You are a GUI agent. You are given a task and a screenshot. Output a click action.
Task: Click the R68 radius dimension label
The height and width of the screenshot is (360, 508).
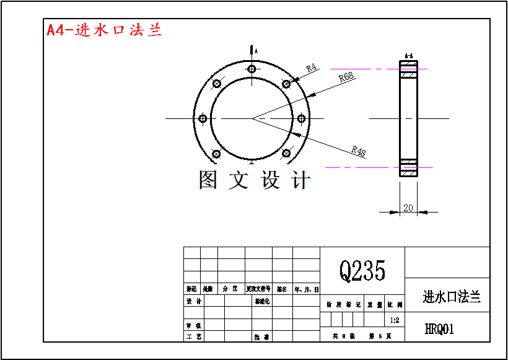click(346, 77)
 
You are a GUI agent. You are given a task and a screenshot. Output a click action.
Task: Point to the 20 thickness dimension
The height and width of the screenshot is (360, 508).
click(408, 208)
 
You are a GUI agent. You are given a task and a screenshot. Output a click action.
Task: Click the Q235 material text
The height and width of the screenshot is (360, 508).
click(362, 270)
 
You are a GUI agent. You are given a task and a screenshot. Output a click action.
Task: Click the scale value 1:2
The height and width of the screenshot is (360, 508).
click(395, 320)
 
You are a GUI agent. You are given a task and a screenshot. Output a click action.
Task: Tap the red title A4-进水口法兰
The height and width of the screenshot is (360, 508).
click(104, 30)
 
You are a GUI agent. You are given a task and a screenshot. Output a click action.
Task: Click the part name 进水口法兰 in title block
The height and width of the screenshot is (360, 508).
click(452, 297)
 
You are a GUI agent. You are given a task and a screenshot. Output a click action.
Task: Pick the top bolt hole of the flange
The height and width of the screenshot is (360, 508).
click(251, 69)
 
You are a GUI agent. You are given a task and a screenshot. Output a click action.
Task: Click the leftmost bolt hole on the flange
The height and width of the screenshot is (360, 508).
click(203, 118)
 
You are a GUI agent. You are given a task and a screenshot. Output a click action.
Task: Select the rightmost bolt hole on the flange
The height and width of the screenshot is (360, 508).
click(301, 118)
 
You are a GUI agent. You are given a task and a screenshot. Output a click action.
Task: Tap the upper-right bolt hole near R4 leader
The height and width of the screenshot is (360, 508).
click(286, 84)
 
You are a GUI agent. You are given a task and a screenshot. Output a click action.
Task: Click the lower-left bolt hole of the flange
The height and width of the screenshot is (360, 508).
click(216, 154)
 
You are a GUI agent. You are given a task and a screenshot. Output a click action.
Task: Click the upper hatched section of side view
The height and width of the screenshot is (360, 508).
click(408, 75)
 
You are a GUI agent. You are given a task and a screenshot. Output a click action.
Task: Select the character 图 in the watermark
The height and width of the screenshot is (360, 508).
click(208, 180)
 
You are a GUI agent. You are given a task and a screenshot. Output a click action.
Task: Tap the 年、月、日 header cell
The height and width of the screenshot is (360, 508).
click(306, 289)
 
